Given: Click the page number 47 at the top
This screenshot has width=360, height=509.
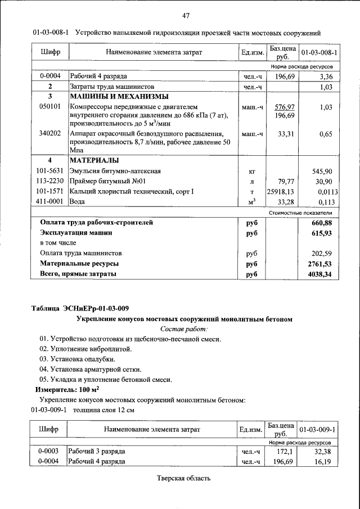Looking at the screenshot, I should pos(186,15).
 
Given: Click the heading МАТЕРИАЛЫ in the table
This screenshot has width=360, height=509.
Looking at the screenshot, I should pos(94,160).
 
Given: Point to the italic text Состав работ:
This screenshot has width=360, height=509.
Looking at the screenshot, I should pos(184,328).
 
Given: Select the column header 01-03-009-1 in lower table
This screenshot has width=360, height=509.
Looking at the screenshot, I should pos(318,430).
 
